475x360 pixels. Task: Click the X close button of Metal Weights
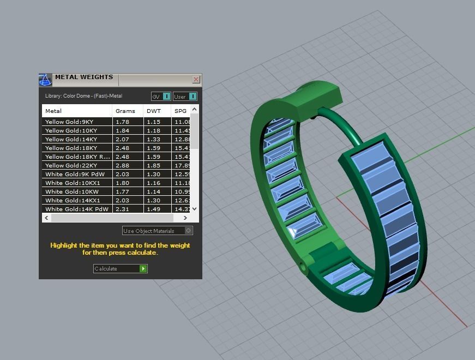[196, 80]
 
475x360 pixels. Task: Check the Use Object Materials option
[189, 231]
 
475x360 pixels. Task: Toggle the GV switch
[167, 97]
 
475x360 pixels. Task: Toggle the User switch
[193, 97]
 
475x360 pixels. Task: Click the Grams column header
[125, 111]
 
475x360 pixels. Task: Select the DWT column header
[153, 111]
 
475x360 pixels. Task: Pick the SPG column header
[180, 111]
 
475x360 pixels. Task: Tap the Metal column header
[53, 111]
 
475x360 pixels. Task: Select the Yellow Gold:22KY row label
[71, 165]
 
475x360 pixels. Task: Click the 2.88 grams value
[122, 165]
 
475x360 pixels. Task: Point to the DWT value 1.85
[153, 165]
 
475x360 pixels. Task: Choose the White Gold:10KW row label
[72, 191]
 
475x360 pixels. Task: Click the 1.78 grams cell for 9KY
[122, 122]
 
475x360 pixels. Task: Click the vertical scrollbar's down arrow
[195, 209]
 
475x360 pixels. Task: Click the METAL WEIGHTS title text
[84, 77]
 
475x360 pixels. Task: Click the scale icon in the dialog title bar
[45, 80]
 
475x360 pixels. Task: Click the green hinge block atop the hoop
[318, 95]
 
